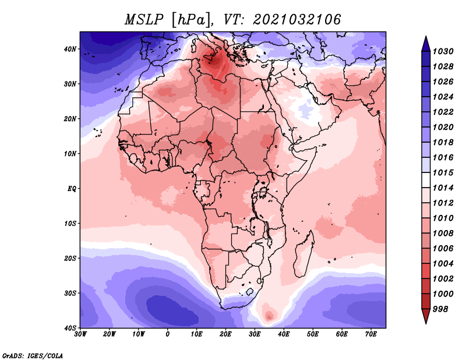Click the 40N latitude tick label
click(70, 49)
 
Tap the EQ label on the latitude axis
click(72, 189)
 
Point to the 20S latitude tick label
click(70, 258)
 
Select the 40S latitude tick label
click(70, 328)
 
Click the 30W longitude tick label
click(80, 334)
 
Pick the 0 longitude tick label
click(168, 334)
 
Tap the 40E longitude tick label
click(284, 334)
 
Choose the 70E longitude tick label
click(371, 334)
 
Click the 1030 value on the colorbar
click(443, 51)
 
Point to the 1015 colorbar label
click(443, 172)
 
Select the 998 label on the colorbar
click(440, 309)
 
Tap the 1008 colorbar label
click(443, 234)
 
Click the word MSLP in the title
click(144, 20)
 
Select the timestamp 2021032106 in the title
click(296, 20)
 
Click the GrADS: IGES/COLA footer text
click(33, 356)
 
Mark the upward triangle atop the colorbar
click(426, 45)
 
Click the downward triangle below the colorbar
click(426, 316)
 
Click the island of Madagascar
click(304, 255)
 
